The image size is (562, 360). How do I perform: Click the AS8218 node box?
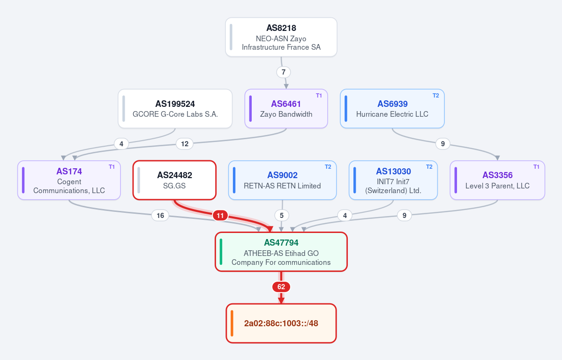pyautogui.click(x=281, y=37)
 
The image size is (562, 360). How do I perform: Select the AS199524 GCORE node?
pyautogui.click(x=175, y=109)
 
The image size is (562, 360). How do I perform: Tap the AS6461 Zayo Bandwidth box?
pyautogui.click(x=286, y=109)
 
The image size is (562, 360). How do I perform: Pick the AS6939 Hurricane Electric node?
pyautogui.click(x=392, y=109)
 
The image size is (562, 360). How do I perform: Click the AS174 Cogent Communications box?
pyautogui.click(x=69, y=180)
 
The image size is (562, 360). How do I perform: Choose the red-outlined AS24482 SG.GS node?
pyautogui.click(x=174, y=180)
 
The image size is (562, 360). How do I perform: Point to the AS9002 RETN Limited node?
pyautogui.click(x=283, y=180)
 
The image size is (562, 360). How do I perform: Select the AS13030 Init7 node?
pyautogui.click(x=393, y=180)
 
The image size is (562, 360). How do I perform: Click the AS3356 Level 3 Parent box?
pyautogui.click(x=497, y=180)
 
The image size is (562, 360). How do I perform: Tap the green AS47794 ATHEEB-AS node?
pyautogui.click(x=281, y=252)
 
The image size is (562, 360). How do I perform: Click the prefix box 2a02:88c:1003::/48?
pyautogui.click(x=281, y=323)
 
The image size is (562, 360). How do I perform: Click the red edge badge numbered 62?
pyautogui.click(x=281, y=287)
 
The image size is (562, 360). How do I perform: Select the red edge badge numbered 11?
pyautogui.click(x=220, y=216)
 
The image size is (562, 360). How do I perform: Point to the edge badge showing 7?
pyautogui.click(x=284, y=72)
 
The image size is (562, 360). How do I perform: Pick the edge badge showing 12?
pyautogui.click(x=185, y=144)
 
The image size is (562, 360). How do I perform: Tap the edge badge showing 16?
pyautogui.click(x=160, y=216)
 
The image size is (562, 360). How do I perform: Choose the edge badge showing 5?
pyautogui.click(x=282, y=216)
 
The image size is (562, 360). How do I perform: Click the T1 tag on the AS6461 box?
pyautogui.click(x=319, y=95)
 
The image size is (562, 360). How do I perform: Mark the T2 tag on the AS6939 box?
pyautogui.click(x=436, y=95)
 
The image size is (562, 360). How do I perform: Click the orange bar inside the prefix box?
pyautogui.click(x=232, y=323)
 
